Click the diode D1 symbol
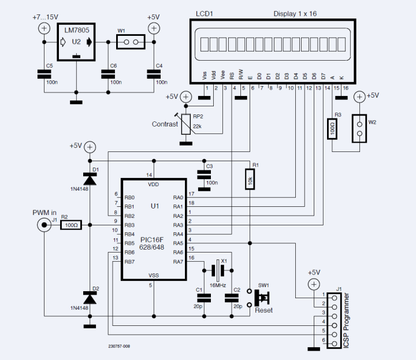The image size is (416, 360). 89,179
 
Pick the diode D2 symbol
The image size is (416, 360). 89,298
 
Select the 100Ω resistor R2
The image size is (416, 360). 72,225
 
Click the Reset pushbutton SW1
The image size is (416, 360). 261,298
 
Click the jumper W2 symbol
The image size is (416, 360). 359,128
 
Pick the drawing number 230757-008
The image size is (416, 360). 119,347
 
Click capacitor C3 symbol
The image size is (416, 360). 203,173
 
